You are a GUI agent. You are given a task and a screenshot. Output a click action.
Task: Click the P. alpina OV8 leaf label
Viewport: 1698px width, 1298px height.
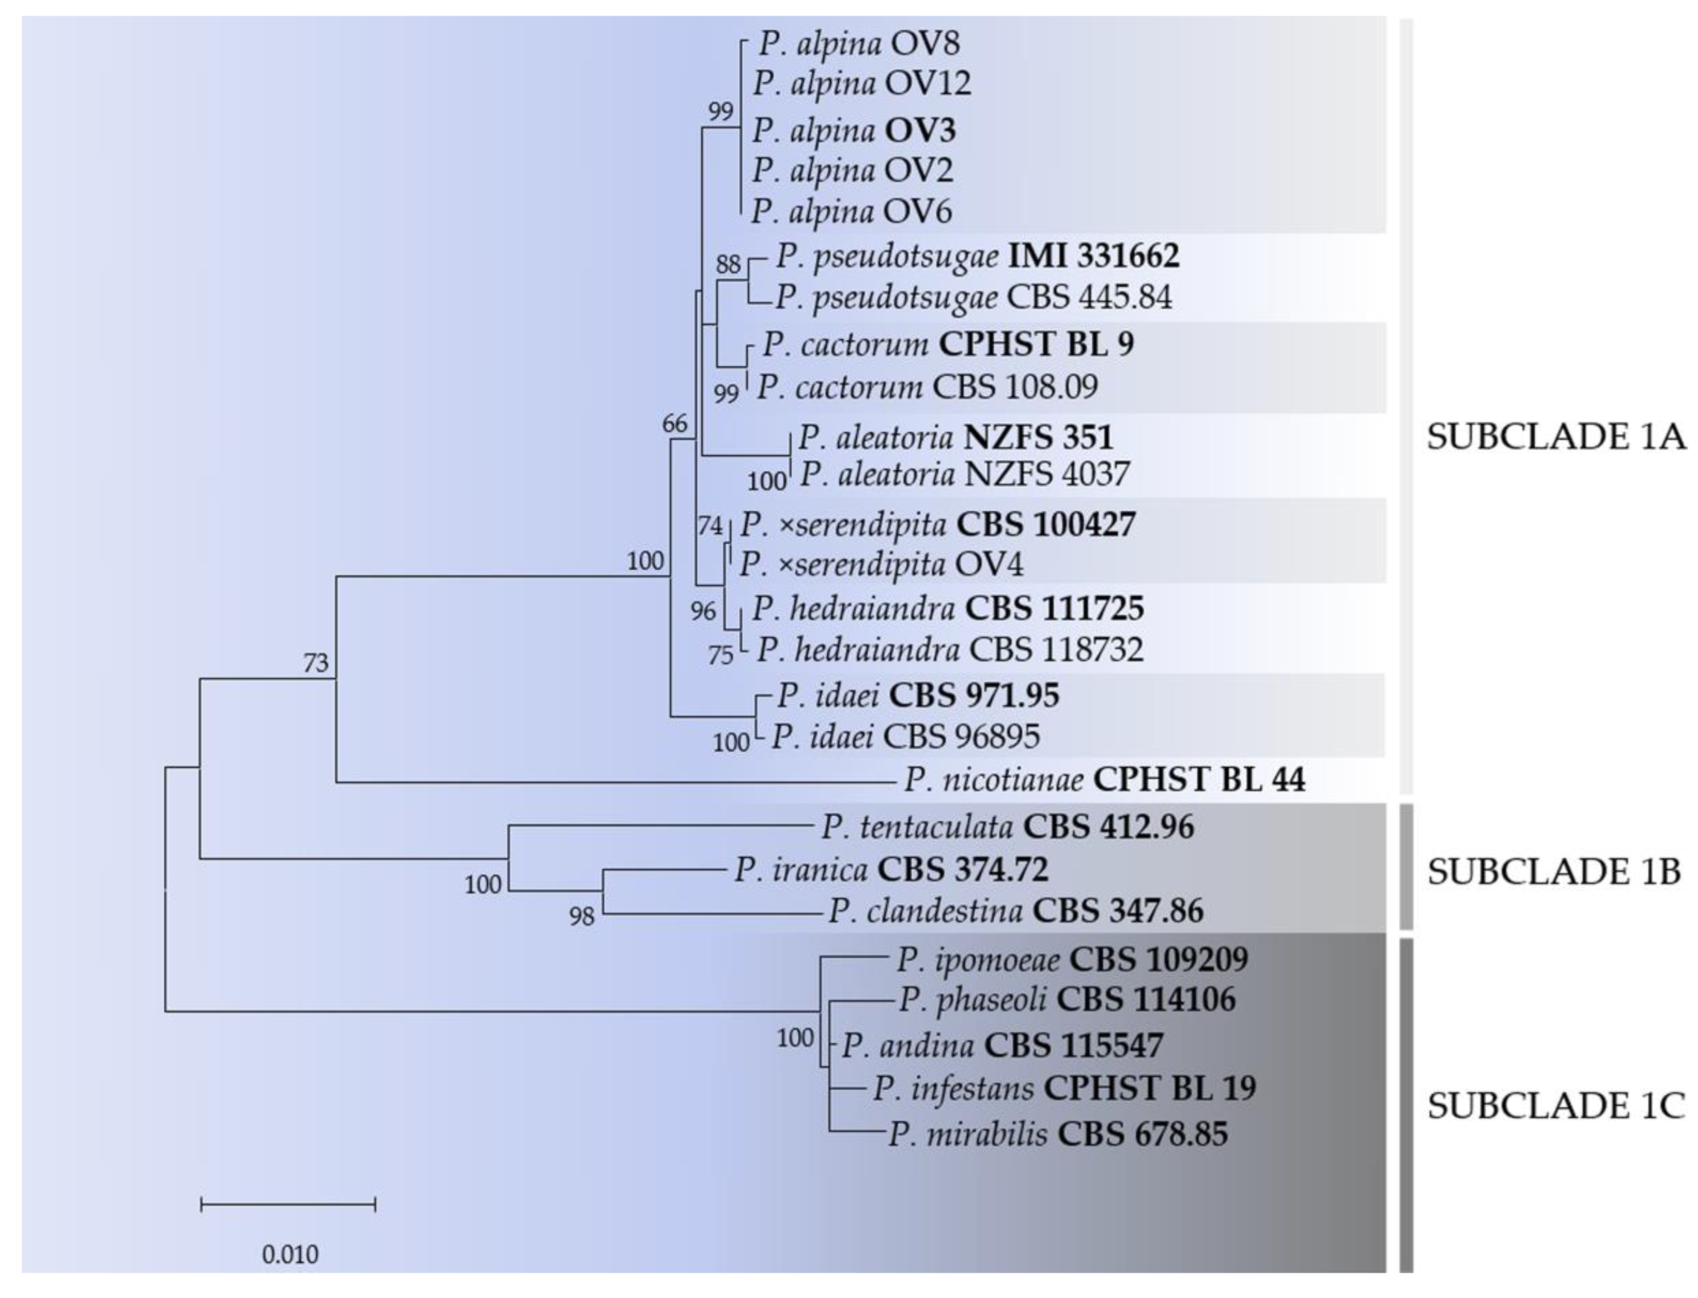pyautogui.click(x=858, y=44)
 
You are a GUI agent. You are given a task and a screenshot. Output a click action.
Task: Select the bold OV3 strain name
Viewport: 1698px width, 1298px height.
pyautogui.click(x=919, y=130)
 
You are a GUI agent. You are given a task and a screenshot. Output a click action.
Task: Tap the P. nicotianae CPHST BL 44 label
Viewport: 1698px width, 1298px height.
pyautogui.click(x=1104, y=779)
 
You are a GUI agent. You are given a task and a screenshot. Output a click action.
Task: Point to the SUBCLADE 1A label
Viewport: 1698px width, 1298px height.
pyautogui.click(x=1555, y=437)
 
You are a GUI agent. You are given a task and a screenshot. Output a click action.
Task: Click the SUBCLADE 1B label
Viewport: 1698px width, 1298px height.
pyautogui.click(x=1554, y=872)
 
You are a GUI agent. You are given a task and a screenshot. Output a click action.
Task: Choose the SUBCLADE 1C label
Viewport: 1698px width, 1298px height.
pyautogui.click(x=1555, y=1106)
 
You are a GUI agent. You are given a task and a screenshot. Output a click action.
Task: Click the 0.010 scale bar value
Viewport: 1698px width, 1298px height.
pyautogui.click(x=290, y=1254)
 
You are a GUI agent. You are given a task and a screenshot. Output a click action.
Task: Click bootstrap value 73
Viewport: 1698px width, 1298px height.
pyautogui.click(x=315, y=663)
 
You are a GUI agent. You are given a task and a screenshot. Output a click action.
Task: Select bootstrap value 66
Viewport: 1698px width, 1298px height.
pyautogui.click(x=673, y=423)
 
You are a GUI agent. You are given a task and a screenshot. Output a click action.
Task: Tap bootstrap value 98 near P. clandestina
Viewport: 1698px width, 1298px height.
pyautogui.click(x=581, y=916)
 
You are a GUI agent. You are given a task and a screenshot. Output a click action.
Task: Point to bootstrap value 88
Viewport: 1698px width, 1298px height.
pyautogui.click(x=727, y=265)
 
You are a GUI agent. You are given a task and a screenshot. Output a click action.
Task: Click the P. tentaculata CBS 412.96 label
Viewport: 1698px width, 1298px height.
pyautogui.click(x=1006, y=827)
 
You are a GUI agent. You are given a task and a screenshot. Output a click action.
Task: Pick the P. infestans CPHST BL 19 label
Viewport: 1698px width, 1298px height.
pyautogui.click(x=1064, y=1089)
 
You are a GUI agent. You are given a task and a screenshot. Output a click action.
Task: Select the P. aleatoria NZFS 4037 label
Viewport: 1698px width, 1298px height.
pyautogui.click(x=963, y=474)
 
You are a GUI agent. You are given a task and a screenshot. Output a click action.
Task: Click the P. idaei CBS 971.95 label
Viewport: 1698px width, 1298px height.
pyautogui.click(x=917, y=695)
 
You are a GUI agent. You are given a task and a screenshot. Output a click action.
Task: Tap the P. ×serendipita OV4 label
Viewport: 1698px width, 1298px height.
pyautogui.click(x=881, y=564)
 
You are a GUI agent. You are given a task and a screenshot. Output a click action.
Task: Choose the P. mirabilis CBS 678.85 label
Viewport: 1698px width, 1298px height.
pyautogui.click(x=1057, y=1134)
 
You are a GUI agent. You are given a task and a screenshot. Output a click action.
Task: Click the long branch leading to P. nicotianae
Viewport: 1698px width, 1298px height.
pyautogui.click(x=618, y=783)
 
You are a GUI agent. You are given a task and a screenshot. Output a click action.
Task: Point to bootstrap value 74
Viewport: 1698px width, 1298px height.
pyautogui.click(x=710, y=526)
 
